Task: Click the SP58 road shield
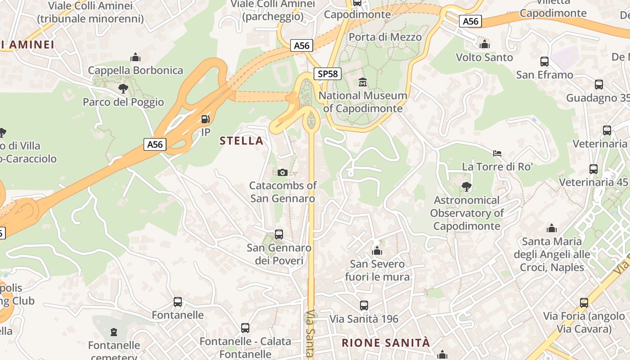pyautogui.click(x=327, y=74)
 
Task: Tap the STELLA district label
pyautogui.click(x=241, y=141)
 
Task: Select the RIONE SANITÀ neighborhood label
pyautogui.click(x=386, y=343)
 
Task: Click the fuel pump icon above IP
pyautogui.click(x=205, y=119)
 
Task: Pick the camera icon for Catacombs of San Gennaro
pyautogui.click(x=283, y=172)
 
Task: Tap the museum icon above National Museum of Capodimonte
pyautogui.click(x=363, y=82)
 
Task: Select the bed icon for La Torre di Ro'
pyautogui.click(x=497, y=153)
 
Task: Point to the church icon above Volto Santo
pyautogui.click(x=485, y=44)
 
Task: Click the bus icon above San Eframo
pyautogui.click(x=544, y=62)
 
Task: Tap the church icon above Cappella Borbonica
pyautogui.click(x=135, y=57)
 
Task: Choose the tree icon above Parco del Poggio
pyautogui.click(x=123, y=89)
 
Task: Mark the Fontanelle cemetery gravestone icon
pyautogui.click(x=114, y=332)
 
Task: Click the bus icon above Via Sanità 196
pyautogui.click(x=364, y=306)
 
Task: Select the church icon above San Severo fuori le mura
pyautogui.click(x=377, y=251)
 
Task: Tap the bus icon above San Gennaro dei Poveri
pyautogui.click(x=279, y=234)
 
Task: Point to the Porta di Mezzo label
pyautogui.click(x=385, y=37)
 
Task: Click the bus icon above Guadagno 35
pyautogui.click(x=599, y=85)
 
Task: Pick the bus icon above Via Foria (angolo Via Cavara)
pyautogui.click(x=584, y=303)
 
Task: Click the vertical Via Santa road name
pyautogui.click(x=310, y=333)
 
